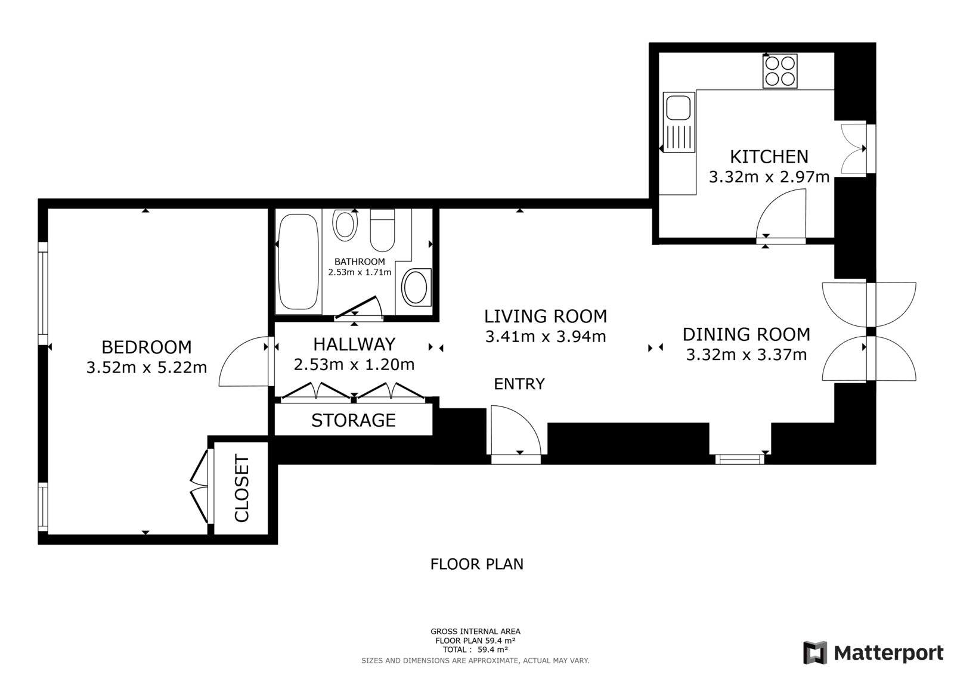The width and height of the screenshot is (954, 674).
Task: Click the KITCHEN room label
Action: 769,157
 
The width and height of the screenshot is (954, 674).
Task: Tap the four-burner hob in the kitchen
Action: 779,71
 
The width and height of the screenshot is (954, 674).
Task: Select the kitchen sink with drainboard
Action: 679,122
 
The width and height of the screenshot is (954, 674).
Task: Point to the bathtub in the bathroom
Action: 298,262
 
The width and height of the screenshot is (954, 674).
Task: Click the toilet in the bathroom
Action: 382,230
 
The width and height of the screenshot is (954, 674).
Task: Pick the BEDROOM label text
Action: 147,347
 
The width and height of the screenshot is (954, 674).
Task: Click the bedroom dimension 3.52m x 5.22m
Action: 147,367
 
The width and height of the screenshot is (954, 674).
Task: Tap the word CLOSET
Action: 241,488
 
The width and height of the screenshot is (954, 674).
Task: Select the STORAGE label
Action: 354,420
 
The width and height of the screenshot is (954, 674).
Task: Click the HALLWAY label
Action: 354,344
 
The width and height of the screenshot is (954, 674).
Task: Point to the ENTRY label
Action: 519,384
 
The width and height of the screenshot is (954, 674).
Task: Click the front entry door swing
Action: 516,430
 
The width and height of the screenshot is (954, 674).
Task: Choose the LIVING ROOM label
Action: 546,316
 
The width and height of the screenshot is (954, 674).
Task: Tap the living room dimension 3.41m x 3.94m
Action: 546,336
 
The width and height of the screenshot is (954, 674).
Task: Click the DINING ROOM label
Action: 746,335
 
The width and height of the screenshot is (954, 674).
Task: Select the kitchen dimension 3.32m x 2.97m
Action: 769,177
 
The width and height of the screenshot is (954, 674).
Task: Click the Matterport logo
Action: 873,653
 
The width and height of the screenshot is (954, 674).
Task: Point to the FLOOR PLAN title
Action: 476,564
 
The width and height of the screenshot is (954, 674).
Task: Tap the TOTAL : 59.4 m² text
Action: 475,650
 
